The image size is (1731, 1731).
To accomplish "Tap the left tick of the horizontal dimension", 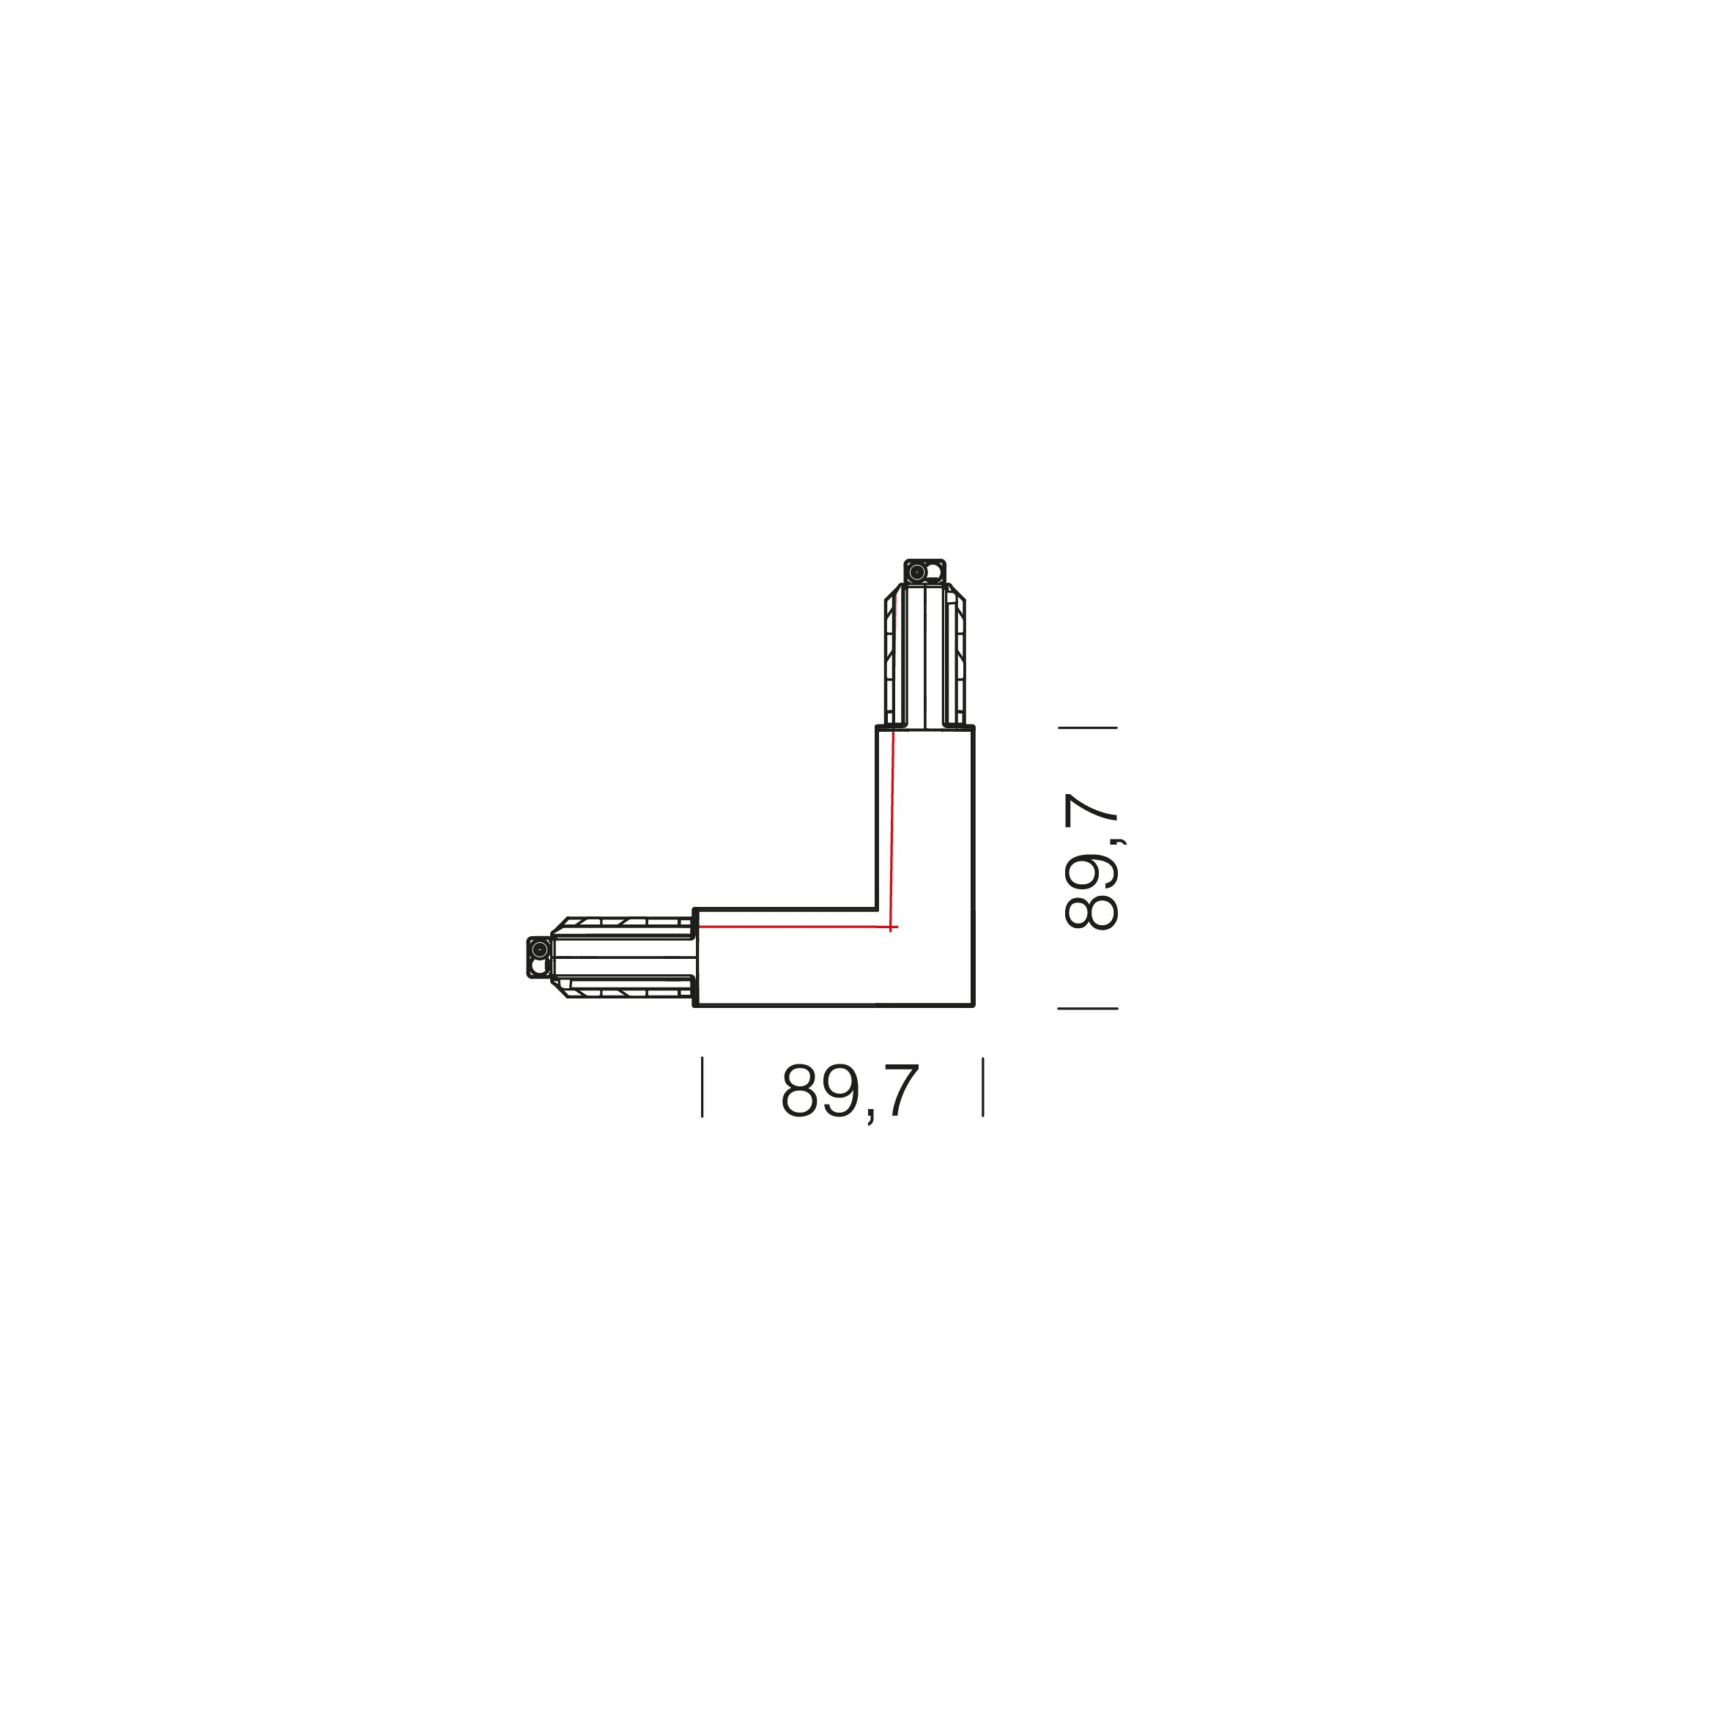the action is point(703,1088).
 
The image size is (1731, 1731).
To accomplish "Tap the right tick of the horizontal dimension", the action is point(983,1088).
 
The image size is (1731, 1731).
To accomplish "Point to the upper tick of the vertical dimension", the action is point(1088,727).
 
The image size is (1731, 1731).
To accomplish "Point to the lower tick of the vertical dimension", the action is point(1088,1008).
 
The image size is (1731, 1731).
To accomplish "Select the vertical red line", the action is point(892,829).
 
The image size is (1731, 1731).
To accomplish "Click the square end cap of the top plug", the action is point(924,571).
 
